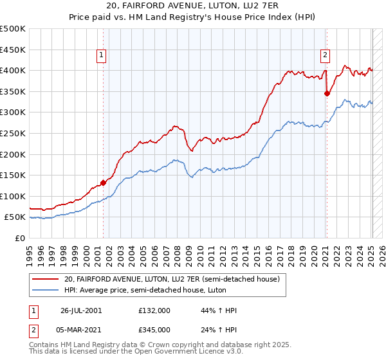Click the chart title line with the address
[x=193, y=7]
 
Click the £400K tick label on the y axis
[x=13, y=70]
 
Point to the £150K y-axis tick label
[x=13, y=175]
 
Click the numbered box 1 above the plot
[x=102, y=56]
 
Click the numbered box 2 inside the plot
[x=326, y=56]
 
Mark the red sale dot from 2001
[x=104, y=183]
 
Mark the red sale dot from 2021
[x=327, y=93]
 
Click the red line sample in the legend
[x=46, y=280]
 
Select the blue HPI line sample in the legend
[x=46, y=291]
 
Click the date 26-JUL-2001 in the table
[x=81, y=310]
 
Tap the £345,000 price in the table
[x=154, y=330]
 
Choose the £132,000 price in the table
[x=154, y=310]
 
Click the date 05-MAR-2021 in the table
[x=81, y=330]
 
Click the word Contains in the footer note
[x=45, y=346]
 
